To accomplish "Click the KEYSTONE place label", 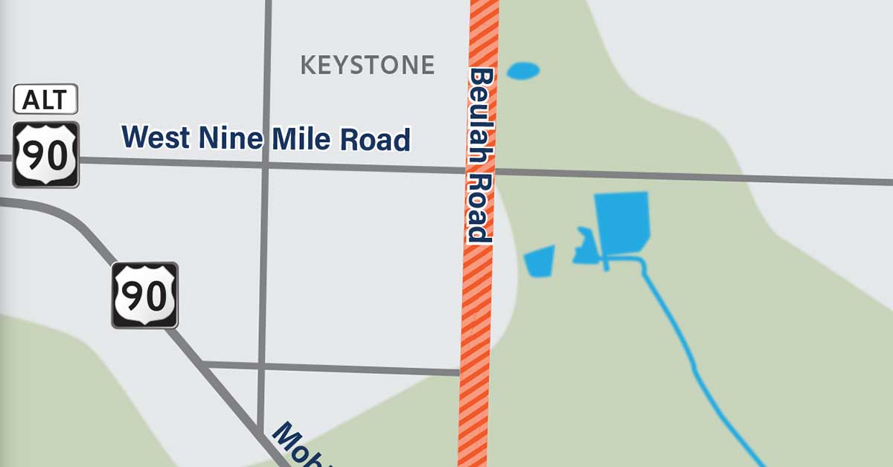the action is point(367,65).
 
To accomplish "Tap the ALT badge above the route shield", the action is point(45,99).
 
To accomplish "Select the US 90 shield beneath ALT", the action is point(45,154).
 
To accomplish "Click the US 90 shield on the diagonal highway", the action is point(145,295).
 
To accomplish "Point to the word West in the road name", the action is point(154,137).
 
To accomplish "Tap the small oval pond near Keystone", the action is point(523,71).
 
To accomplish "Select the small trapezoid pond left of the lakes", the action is point(540,261).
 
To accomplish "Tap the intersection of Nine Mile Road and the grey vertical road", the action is point(266,165).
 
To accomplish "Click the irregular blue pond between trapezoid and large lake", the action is point(582,248).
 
